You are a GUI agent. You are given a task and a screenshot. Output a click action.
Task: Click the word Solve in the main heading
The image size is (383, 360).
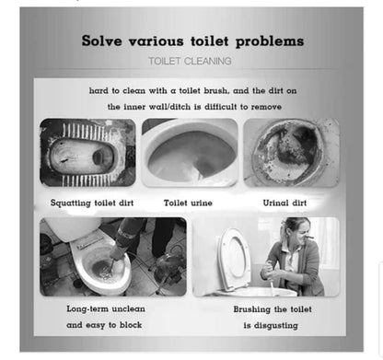(101, 41)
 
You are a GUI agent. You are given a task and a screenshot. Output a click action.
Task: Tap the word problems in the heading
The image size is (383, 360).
(270, 41)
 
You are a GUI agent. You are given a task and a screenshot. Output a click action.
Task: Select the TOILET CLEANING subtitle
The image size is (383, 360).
(190, 61)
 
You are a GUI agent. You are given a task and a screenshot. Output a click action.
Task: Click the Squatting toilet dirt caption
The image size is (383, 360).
(92, 203)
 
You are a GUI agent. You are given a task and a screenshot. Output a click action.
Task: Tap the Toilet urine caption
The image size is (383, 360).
(188, 203)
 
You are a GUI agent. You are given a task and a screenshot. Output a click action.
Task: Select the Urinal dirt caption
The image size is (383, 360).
(284, 203)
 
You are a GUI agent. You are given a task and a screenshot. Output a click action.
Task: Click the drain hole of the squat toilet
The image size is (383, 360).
(99, 157)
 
